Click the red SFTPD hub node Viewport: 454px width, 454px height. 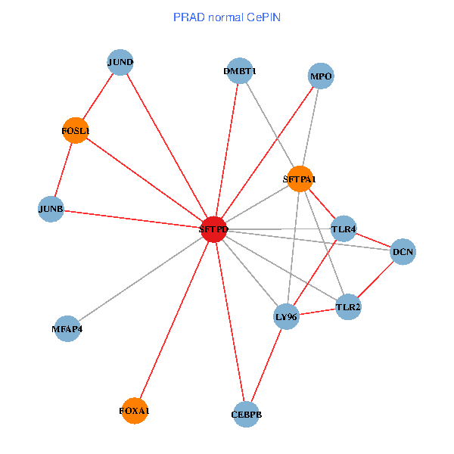click(214, 229)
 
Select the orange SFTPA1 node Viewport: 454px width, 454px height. click(300, 179)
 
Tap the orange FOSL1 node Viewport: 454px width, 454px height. click(76, 131)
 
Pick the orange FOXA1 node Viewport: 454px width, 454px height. click(134, 411)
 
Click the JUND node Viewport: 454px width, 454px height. click(120, 62)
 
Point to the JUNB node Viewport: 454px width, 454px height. click(51, 209)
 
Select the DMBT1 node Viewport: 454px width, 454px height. click(239, 71)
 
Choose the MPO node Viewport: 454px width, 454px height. click(321, 76)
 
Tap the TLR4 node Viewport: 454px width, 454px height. click(344, 229)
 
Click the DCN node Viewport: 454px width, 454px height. click(403, 252)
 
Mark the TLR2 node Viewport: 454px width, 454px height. click(348, 307)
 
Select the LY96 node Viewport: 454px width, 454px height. click(286, 316)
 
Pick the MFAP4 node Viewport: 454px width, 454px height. click(67, 329)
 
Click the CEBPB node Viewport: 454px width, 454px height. click(247, 415)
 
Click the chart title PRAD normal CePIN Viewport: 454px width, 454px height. click(227, 17)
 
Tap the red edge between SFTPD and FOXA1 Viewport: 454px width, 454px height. click(174, 320)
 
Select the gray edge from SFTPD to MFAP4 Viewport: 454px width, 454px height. click(141, 279)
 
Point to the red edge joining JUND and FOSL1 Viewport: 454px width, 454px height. click(98, 96)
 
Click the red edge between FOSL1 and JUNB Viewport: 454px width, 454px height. click(64, 169)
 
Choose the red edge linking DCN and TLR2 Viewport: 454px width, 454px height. click(376, 279)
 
